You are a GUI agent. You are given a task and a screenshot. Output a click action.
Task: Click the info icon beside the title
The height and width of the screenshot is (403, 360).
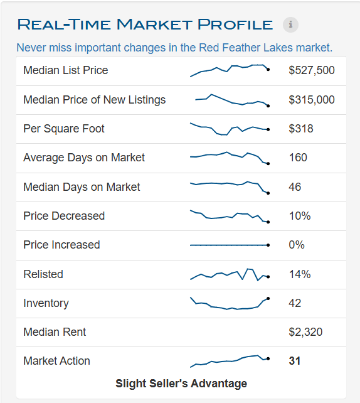[x=290, y=25]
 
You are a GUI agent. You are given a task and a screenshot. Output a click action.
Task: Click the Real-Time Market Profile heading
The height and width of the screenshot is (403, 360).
[x=145, y=25]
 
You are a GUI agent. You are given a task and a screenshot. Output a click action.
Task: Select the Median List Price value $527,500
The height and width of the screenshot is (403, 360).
[x=312, y=70]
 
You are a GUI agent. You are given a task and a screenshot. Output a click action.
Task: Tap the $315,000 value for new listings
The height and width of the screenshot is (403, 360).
[x=312, y=100]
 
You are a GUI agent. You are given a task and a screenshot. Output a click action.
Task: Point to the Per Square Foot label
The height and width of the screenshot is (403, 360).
[x=64, y=129]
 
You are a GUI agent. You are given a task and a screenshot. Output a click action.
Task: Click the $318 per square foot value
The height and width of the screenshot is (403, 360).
[x=301, y=129]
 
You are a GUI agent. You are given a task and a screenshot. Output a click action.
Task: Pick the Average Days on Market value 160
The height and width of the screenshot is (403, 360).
[x=298, y=158]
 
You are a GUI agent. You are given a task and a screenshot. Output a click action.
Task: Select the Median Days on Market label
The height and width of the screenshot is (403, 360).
[x=82, y=187]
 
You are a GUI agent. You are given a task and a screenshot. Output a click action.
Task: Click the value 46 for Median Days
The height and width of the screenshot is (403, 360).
[x=295, y=187]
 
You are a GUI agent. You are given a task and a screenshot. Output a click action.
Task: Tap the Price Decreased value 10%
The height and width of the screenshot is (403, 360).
[x=300, y=216]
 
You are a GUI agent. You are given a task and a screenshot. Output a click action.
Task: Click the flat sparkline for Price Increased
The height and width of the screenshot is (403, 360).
[x=229, y=245]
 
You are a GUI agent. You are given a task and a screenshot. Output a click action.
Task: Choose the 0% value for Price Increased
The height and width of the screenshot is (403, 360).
[x=297, y=245]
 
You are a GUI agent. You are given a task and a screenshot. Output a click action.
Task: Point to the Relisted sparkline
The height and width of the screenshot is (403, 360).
[x=229, y=274]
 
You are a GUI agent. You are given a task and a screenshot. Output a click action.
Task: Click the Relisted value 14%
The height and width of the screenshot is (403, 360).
[x=300, y=274]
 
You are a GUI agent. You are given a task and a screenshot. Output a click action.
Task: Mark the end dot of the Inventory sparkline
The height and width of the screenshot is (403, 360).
[x=268, y=298]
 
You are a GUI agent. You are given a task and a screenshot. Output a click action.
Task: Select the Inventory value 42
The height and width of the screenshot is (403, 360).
[x=295, y=303]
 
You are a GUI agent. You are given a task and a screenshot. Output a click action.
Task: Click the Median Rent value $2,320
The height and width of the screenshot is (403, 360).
[x=305, y=332]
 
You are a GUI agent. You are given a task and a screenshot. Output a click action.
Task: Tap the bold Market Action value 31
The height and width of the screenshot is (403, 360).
[x=294, y=361]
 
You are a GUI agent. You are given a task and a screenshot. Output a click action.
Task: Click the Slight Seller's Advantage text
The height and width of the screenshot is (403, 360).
[x=181, y=384]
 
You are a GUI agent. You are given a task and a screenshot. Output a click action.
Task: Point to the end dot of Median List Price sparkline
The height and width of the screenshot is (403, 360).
[x=268, y=69]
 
